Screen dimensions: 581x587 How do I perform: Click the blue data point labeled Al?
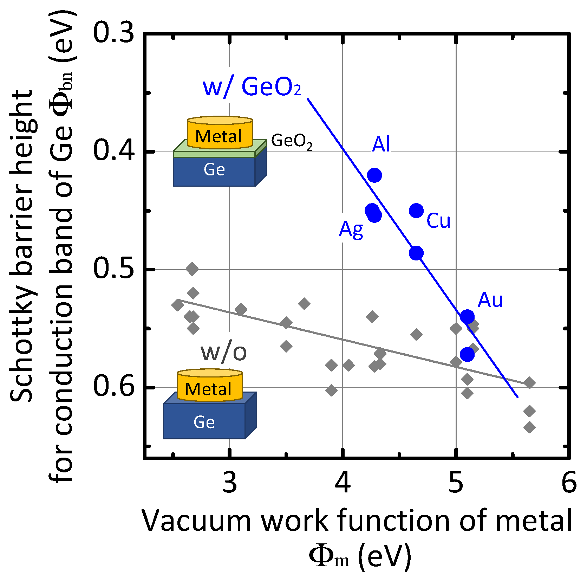click(374, 175)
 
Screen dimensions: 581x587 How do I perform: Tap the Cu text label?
click(438, 221)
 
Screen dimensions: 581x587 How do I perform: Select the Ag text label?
click(351, 230)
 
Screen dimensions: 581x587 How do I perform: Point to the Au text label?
click(490, 300)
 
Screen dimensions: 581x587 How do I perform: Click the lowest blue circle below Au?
click(467, 354)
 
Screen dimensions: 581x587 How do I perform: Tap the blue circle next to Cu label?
click(416, 211)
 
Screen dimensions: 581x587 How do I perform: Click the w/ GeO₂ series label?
click(252, 87)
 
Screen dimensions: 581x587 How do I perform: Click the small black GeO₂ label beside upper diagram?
click(292, 141)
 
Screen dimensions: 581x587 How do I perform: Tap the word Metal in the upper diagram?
click(219, 136)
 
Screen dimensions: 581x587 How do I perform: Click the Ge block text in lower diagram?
click(204, 422)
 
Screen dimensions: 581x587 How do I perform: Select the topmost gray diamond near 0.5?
click(192, 269)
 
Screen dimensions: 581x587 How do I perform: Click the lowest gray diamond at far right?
click(529, 427)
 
